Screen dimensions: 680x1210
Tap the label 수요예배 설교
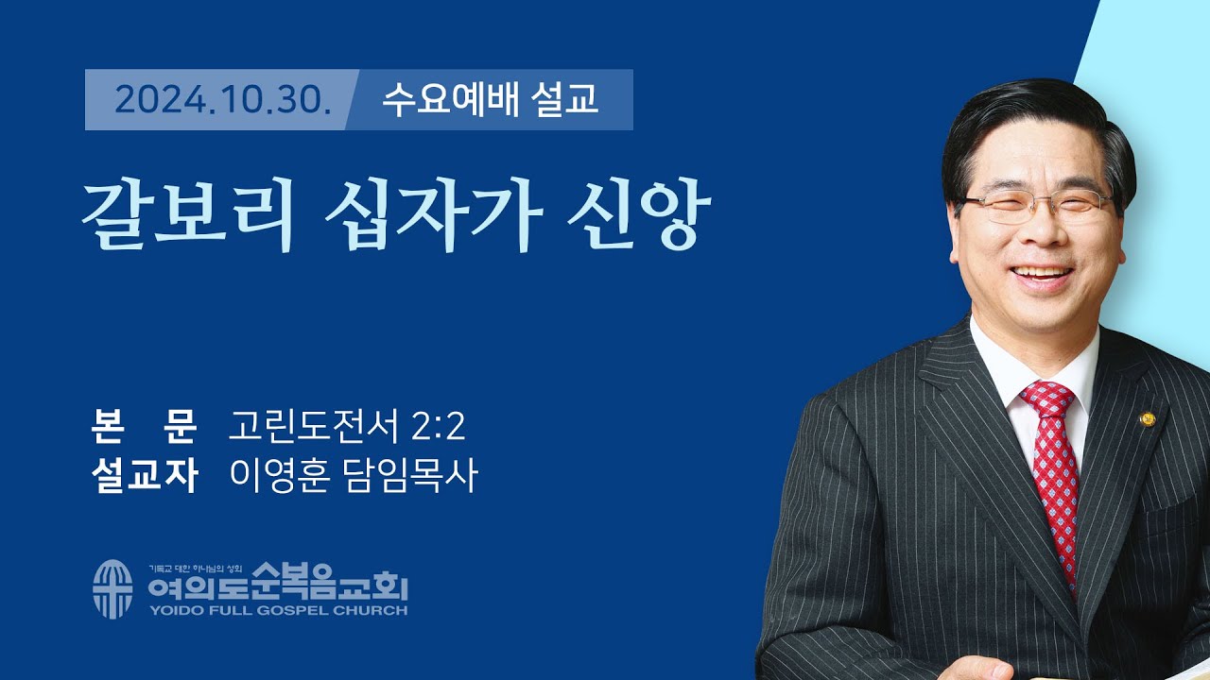click(x=490, y=99)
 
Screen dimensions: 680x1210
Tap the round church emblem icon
click(x=112, y=588)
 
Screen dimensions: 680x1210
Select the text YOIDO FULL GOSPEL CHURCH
click(x=277, y=610)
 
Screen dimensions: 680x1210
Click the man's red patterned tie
click(x=1053, y=472)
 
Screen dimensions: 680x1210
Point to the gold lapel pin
click(x=1148, y=418)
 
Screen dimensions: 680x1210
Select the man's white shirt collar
click(x=1002, y=373)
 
